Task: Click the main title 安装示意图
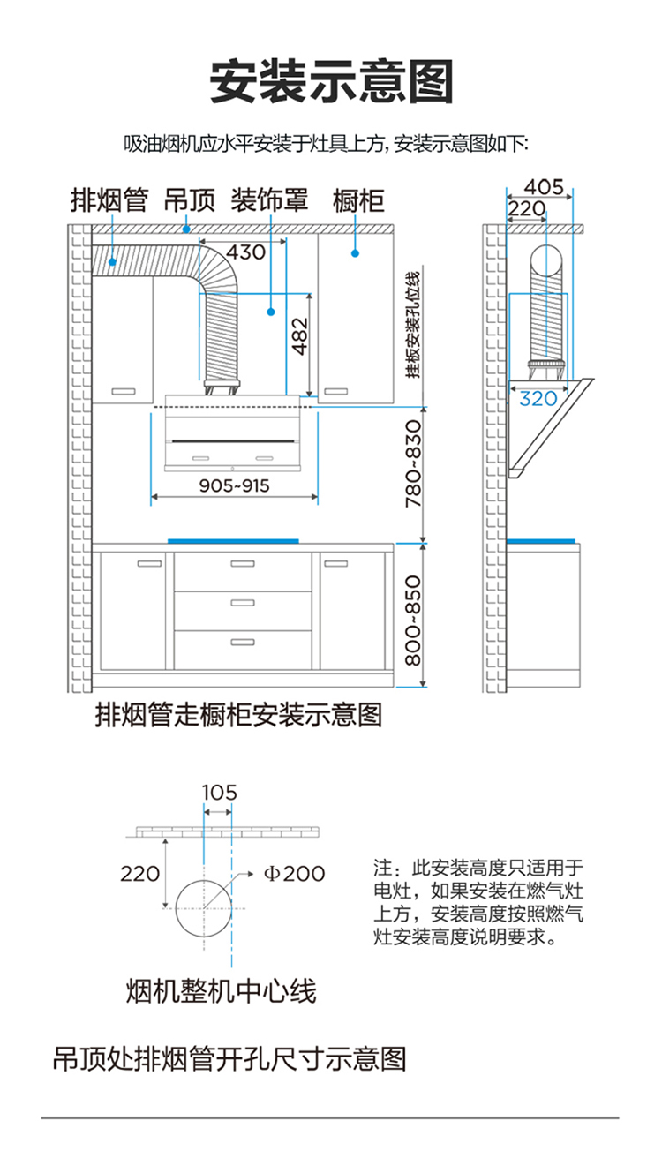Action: click(x=331, y=82)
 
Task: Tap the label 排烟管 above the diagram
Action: click(x=109, y=200)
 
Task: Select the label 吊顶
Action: click(x=190, y=200)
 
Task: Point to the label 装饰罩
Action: click(x=269, y=200)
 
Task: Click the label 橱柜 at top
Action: click(x=358, y=200)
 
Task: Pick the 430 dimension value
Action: click(x=245, y=252)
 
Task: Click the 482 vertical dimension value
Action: click(x=300, y=336)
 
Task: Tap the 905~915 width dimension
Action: click(x=234, y=485)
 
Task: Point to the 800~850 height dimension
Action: click(x=413, y=621)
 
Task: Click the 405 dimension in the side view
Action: click(x=544, y=187)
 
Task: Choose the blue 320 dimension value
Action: click(x=538, y=399)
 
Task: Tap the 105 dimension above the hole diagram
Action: click(x=219, y=793)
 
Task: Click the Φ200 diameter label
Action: click(x=295, y=873)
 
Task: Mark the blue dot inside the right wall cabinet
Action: click(x=355, y=253)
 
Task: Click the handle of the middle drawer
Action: click(x=243, y=603)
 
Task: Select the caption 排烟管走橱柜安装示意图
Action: click(x=238, y=714)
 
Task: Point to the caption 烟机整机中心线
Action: click(x=222, y=990)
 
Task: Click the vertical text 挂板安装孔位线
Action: click(x=413, y=325)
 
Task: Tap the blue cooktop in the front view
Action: click(x=233, y=541)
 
